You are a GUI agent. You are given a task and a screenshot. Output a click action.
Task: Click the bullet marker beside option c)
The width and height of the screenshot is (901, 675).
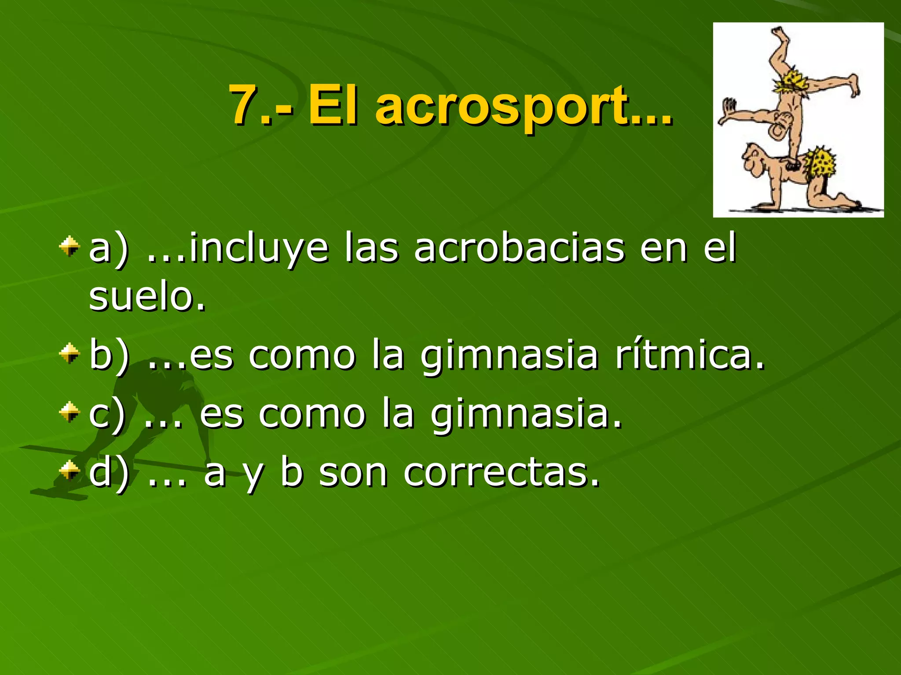click(70, 413)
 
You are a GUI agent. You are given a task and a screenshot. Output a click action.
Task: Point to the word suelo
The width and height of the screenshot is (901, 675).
click(147, 296)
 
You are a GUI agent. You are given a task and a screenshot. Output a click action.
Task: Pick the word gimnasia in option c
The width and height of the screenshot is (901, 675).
click(526, 415)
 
